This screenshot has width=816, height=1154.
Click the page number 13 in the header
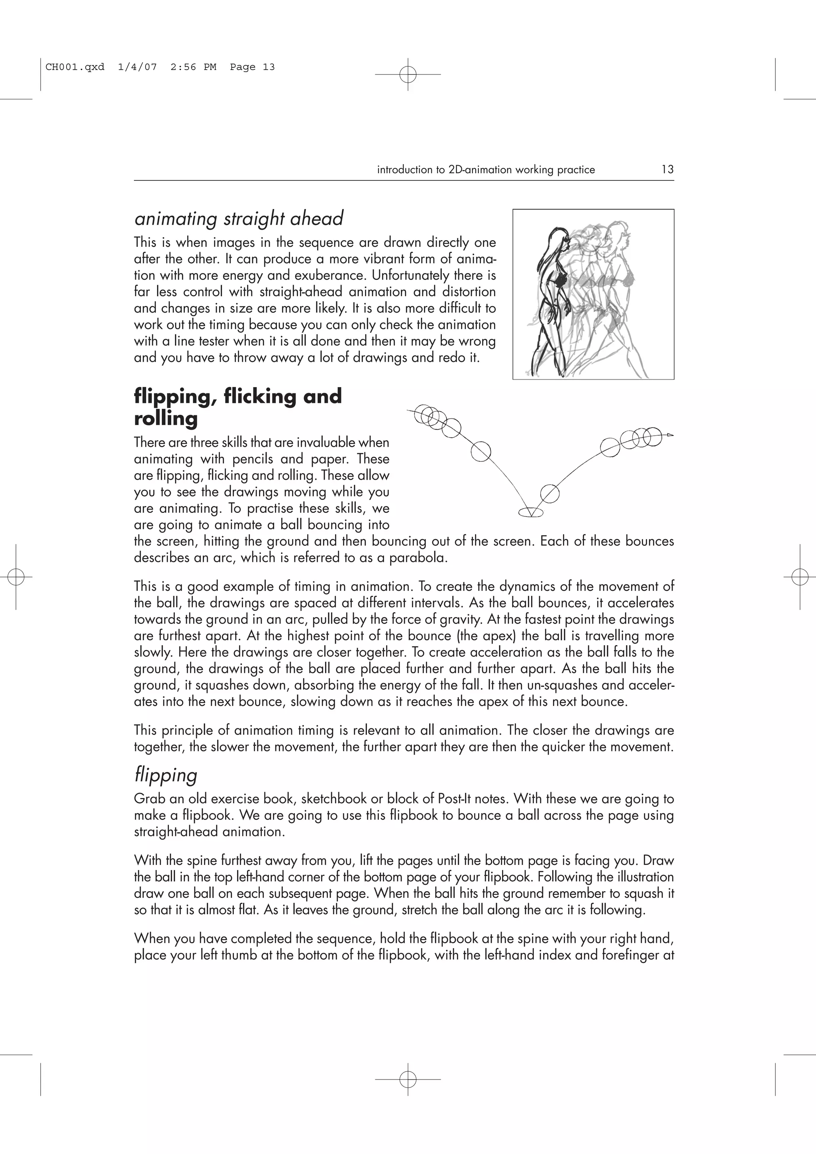coord(667,169)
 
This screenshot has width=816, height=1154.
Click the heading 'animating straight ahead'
coord(239,219)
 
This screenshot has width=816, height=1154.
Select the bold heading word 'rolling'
coord(166,418)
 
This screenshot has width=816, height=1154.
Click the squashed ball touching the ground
coord(530,512)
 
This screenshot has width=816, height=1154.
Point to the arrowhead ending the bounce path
coord(670,435)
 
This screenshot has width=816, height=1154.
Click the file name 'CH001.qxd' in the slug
coord(75,67)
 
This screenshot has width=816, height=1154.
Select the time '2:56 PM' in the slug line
coord(193,67)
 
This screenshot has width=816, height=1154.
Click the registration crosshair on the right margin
coord(799,577)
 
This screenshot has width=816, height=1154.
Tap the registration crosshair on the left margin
coord(16,577)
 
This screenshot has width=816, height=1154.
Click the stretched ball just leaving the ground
coord(549,493)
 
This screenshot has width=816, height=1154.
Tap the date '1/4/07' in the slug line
coord(137,67)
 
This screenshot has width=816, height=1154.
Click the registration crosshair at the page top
coord(408,74)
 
